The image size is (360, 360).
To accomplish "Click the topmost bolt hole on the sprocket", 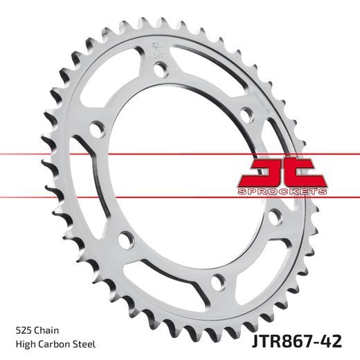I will click(x=161, y=69).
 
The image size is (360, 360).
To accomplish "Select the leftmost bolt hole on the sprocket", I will click(x=96, y=129).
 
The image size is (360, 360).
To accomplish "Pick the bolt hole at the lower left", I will click(x=125, y=239).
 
